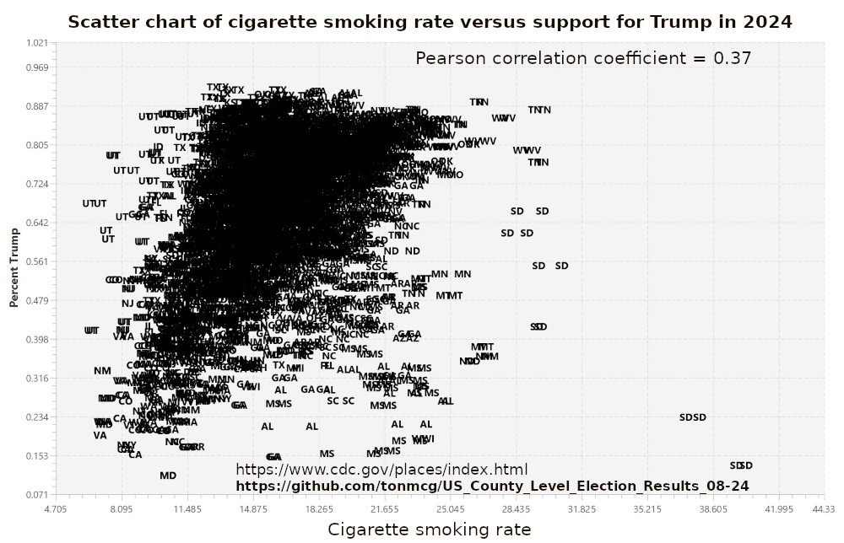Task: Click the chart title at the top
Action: coord(430,22)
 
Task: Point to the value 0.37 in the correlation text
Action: coord(733,58)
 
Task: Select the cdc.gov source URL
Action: coord(381,470)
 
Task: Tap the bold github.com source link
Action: coord(492,486)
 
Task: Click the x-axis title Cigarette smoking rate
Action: coord(429,530)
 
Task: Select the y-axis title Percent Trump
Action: coord(14,266)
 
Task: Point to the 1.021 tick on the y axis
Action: coord(37,42)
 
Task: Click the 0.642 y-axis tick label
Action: coord(37,223)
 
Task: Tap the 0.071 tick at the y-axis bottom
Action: coord(37,494)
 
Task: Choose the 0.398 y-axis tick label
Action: coord(37,339)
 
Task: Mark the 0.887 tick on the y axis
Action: coord(37,106)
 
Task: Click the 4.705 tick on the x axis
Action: coord(55,509)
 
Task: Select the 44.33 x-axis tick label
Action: coord(824,509)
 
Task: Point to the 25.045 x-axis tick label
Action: coord(451,509)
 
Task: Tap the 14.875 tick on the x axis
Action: coord(253,509)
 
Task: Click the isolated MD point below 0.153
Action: coord(168,476)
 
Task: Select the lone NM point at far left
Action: coord(102,371)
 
